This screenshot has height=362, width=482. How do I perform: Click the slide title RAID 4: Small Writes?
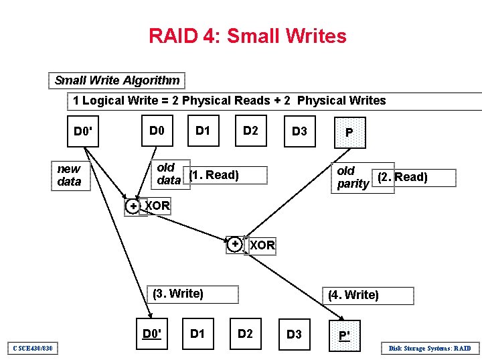(x=248, y=36)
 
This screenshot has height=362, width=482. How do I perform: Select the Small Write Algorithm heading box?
(x=117, y=80)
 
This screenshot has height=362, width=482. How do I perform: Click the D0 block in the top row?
(x=157, y=130)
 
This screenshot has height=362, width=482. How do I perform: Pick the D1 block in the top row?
(x=202, y=130)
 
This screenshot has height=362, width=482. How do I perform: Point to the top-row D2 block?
(x=250, y=130)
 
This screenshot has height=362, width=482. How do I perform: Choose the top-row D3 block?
(x=299, y=131)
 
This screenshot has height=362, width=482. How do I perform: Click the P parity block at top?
(x=349, y=132)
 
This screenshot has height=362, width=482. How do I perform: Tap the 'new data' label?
(x=69, y=176)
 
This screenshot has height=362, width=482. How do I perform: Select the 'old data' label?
(x=168, y=174)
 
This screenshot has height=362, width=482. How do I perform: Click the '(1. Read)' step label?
(x=214, y=176)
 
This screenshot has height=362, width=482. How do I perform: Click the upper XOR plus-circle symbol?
(x=134, y=206)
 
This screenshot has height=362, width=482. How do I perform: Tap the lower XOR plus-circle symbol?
(x=235, y=245)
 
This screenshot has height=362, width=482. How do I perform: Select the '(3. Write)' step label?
(x=178, y=294)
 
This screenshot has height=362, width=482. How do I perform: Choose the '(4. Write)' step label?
(x=353, y=295)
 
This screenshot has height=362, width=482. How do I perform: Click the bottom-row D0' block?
(x=153, y=333)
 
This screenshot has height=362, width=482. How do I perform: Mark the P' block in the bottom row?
(x=344, y=335)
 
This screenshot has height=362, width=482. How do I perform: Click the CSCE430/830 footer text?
(x=33, y=348)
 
